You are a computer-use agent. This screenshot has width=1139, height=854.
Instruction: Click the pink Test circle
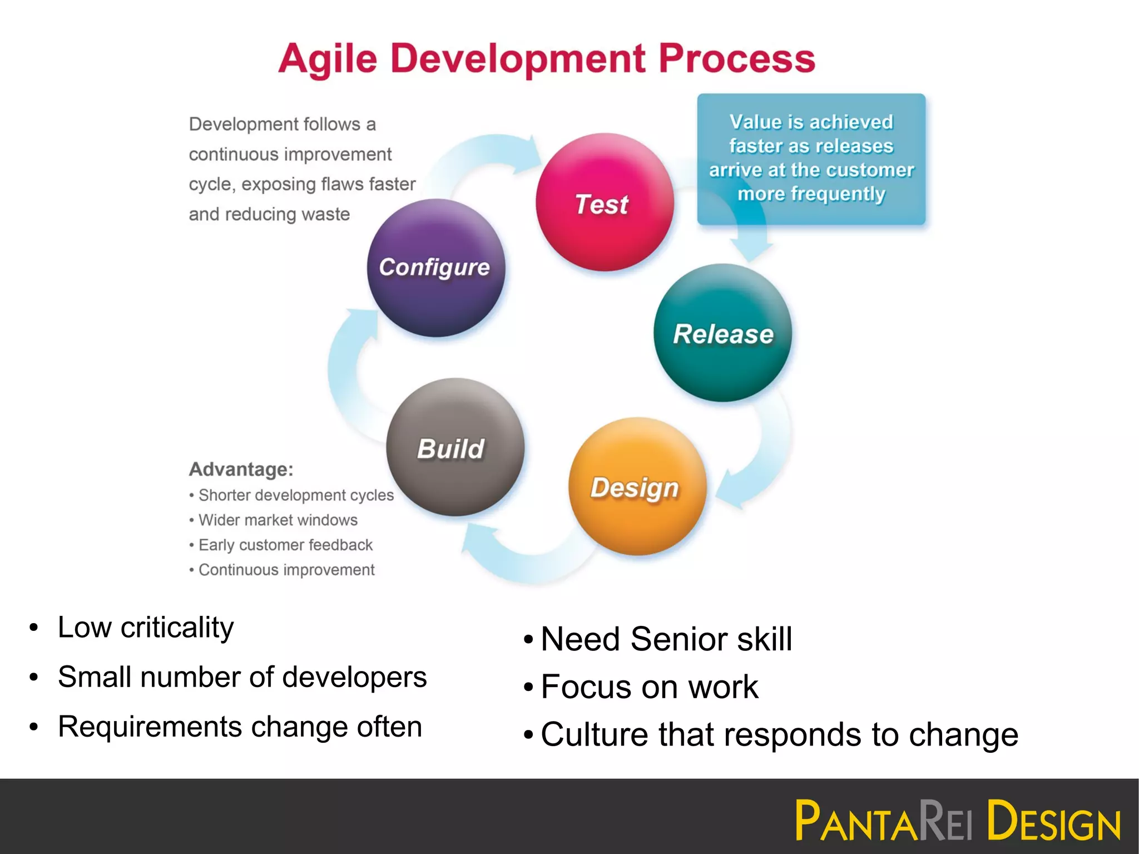(x=605, y=203)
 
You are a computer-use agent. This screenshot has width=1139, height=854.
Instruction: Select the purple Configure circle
(x=436, y=268)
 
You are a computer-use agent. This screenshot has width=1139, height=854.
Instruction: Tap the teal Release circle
(x=723, y=333)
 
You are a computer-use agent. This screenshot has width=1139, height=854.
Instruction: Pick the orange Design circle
(x=637, y=487)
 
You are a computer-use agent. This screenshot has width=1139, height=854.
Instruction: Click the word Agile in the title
(x=328, y=58)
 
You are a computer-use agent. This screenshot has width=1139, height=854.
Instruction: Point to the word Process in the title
(x=737, y=58)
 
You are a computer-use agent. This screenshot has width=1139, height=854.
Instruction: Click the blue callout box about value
(x=811, y=159)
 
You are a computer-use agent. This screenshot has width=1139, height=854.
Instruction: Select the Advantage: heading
(x=241, y=469)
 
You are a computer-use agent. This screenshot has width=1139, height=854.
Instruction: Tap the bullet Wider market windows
(x=278, y=520)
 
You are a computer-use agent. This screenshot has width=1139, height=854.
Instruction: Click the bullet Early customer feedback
(x=285, y=545)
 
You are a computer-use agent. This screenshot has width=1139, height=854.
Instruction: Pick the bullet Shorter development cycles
(x=296, y=495)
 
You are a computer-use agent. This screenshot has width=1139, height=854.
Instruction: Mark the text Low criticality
(x=146, y=628)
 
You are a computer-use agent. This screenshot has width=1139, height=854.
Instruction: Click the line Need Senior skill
(x=666, y=639)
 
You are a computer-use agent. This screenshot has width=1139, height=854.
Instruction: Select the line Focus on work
(x=649, y=687)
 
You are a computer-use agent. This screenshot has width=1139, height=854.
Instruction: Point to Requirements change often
(x=240, y=727)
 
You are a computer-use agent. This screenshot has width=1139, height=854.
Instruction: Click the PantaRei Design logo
(x=957, y=820)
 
